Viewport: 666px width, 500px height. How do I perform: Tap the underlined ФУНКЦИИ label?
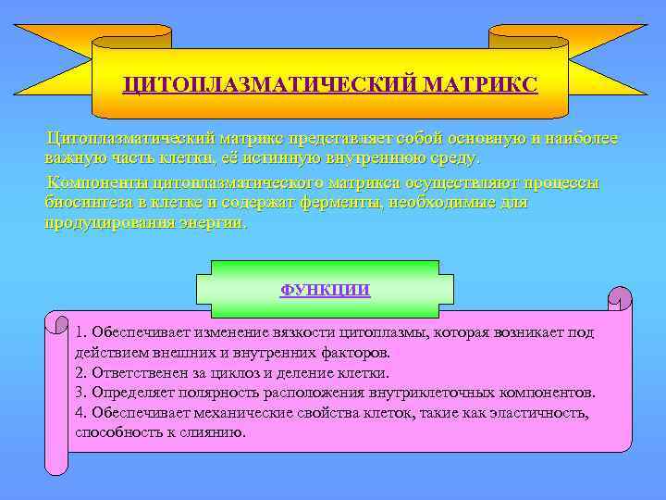tap(325, 290)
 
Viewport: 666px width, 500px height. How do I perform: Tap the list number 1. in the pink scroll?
tap(82, 332)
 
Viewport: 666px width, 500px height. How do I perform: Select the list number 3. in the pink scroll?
tap(82, 393)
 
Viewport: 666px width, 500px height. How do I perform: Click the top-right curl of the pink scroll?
tap(619, 298)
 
